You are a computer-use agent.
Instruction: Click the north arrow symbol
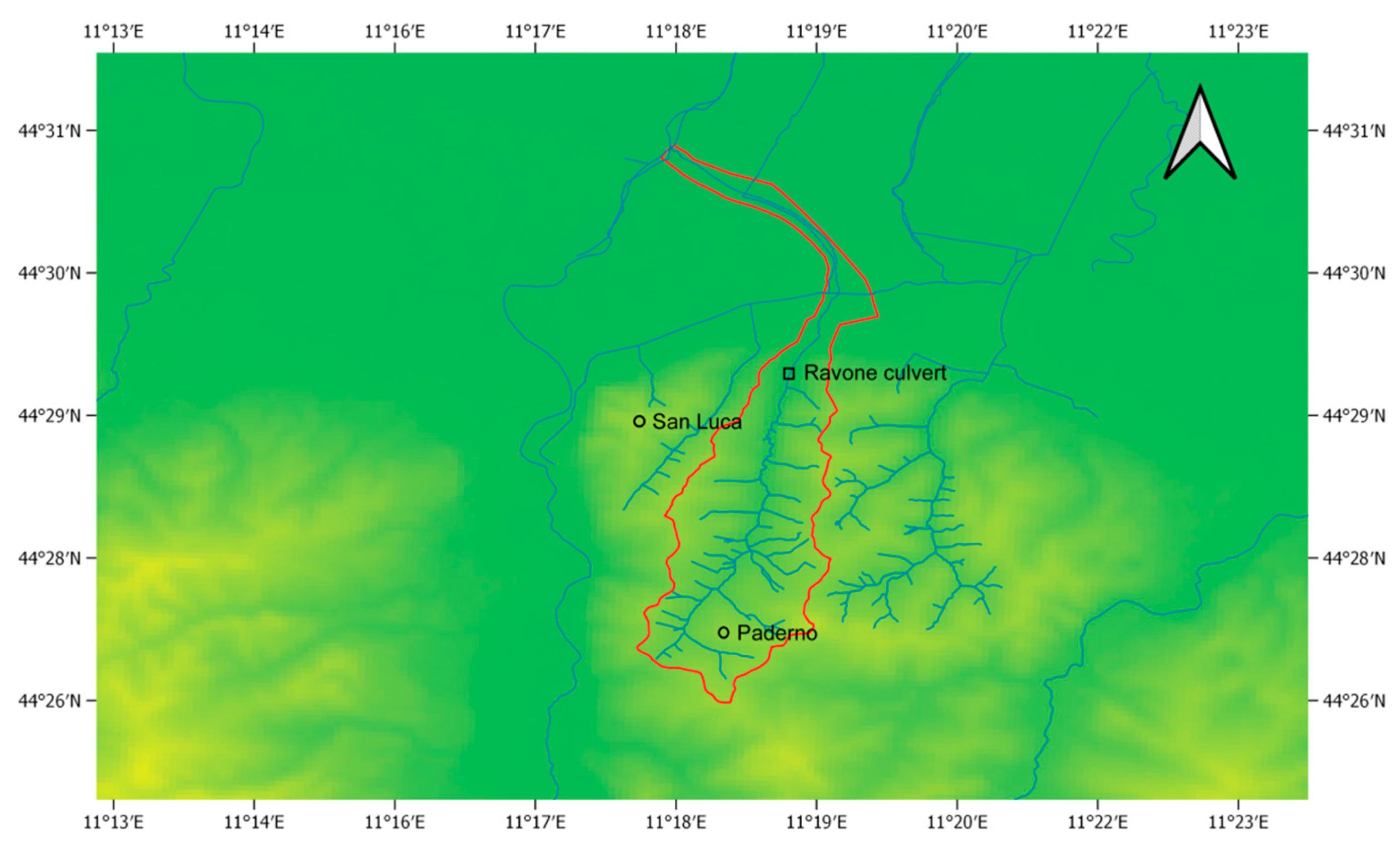click(1200, 136)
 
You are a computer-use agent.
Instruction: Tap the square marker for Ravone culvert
click(789, 373)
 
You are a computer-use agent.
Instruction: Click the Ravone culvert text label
click(875, 373)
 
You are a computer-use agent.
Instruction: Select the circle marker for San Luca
click(639, 421)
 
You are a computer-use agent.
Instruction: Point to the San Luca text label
click(696, 422)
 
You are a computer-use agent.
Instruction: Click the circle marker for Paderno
click(723, 632)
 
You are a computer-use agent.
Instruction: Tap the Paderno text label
click(777, 633)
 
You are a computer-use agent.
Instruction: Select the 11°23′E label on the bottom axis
click(1238, 822)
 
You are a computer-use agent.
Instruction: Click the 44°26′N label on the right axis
click(1354, 702)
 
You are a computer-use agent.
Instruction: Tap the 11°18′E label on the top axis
click(676, 31)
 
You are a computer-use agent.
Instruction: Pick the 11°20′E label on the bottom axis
click(957, 822)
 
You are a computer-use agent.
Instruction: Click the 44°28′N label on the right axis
click(1354, 559)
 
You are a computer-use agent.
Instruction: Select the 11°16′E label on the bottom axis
click(395, 822)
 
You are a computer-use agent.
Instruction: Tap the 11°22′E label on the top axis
click(1097, 31)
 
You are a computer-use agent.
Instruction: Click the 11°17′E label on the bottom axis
click(535, 822)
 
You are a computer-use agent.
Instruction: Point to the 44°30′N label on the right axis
click(1354, 273)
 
